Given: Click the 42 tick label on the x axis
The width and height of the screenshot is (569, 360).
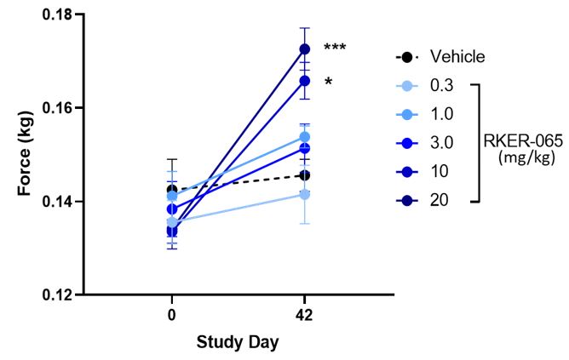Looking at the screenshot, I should coord(304,316).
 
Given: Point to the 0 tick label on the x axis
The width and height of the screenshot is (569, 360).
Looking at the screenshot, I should coord(172,316).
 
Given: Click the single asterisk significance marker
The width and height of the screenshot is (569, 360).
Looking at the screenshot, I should coord(328,83).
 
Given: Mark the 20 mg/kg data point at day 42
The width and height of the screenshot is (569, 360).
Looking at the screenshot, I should coord(304,49).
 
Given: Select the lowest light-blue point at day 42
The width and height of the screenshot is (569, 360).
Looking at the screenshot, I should coord(304,195).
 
